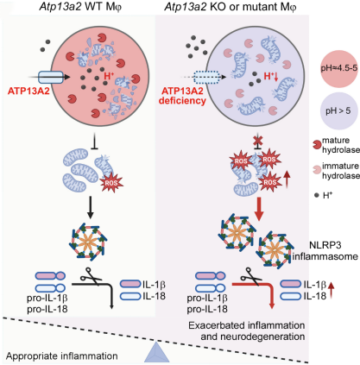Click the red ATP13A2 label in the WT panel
point(28,91)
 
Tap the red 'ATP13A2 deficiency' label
point(182,96)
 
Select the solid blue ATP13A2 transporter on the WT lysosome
point(51,78)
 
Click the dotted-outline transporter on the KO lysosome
point(206,77)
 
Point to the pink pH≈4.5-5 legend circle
point(339,68)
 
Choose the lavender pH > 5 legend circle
point(339,110)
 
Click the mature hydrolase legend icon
point(317,144)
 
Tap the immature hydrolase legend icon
point(317,170)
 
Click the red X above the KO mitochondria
point(257,141)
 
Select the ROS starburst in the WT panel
point(111,183)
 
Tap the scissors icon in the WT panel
point(91,276)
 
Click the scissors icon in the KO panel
point(251,276)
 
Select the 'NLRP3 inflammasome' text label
point(325,251)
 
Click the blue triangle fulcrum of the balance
point(157,352)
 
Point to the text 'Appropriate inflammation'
point(62,356)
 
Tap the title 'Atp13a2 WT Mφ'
point(80,7)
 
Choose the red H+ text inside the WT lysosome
point(109,76)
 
